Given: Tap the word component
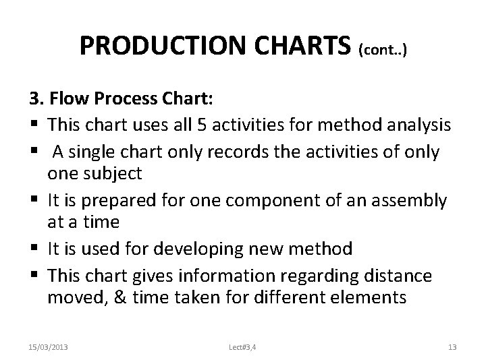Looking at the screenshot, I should point(284,202).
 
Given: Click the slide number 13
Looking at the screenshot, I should point(453,347).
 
